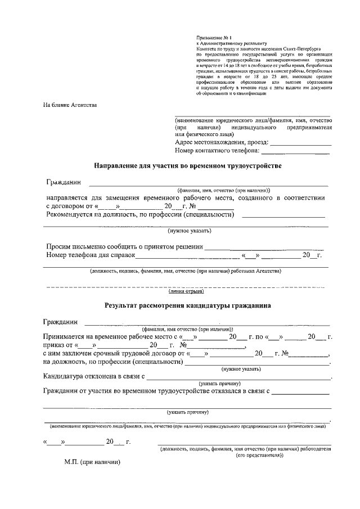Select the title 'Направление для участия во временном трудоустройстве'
pyautogui.click(x=187, y=166)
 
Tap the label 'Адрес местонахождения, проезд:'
pyautogui.click(x=222, y=142)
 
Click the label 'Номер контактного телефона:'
pyautogui.click(x=217, y=151)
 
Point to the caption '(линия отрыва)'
pyautogui.click(x=186, y=291)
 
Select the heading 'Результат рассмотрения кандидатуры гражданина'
pyautogui.click(x=187, y=307)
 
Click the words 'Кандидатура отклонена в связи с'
pyautogui.click(x=94, y=376)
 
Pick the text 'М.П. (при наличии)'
pyautogui.click(x=92, y=462)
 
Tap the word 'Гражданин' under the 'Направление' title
pyautogui.click(x=64, y=183)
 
